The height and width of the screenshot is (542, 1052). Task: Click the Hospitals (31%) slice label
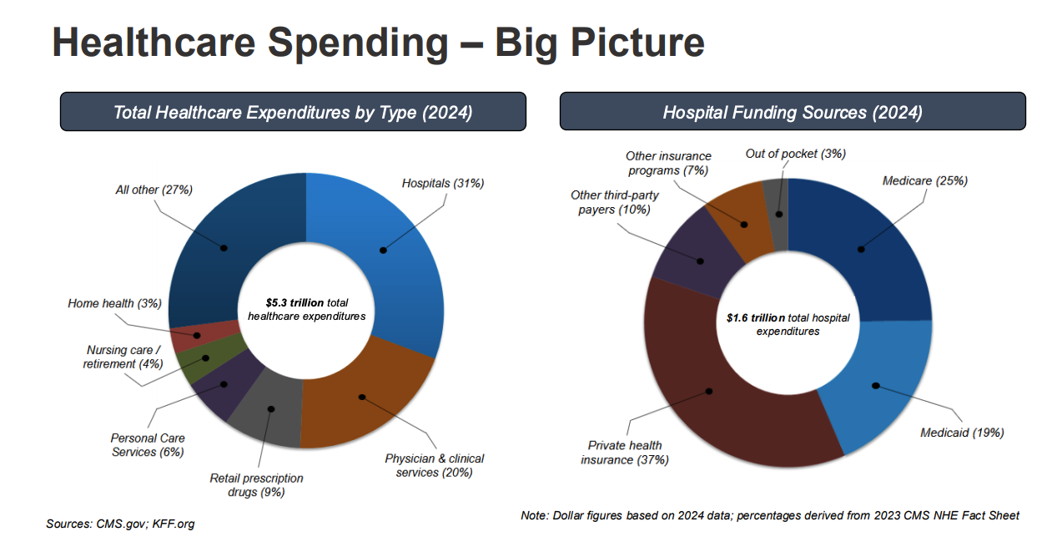442,183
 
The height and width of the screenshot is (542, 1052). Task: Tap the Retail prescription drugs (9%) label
256,485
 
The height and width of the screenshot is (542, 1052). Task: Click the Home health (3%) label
114,303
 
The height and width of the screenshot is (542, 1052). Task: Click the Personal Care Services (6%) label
148,445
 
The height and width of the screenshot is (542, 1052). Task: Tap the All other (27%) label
154,190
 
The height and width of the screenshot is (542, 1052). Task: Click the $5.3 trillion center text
306,309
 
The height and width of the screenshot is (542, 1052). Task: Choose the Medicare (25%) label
924,180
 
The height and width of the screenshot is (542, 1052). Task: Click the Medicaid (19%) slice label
961,433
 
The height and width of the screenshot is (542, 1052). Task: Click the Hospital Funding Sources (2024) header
792,111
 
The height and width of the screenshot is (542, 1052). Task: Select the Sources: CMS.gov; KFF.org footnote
120,524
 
